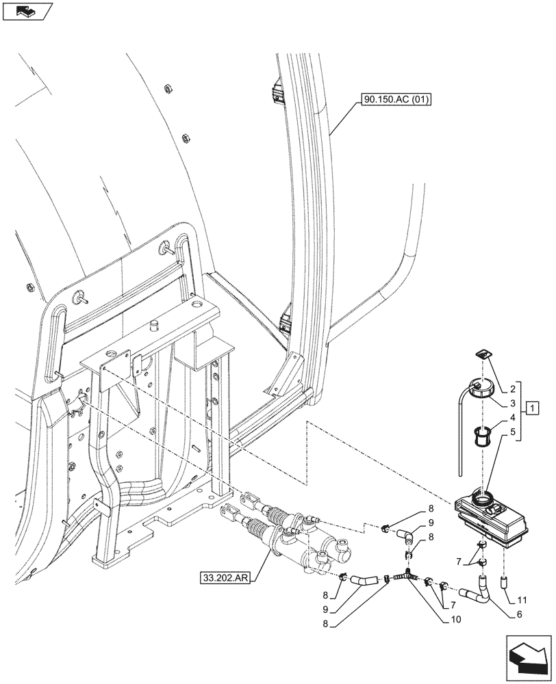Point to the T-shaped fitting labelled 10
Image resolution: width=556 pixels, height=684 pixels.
(x=408, y=577)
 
